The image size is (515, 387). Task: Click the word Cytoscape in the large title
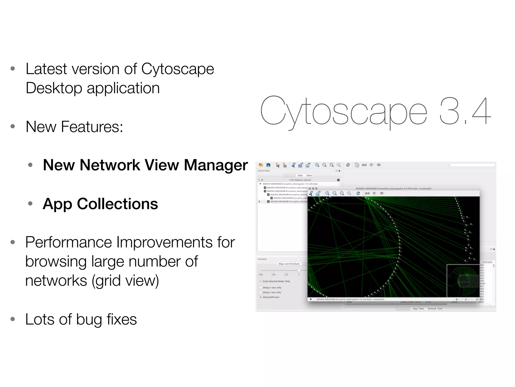[343, 111]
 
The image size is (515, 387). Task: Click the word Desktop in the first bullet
[54, 88]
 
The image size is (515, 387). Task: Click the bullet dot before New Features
[13, 126]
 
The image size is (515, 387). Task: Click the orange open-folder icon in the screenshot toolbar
[261, 165]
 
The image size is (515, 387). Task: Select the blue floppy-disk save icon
[268, 165]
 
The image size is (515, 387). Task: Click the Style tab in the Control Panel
[300, 175]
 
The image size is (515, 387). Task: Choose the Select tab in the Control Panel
[309, 175]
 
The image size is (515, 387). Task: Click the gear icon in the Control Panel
[338, 180]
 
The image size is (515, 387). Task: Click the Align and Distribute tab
[289, 264]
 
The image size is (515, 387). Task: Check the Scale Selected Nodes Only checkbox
[261, 281]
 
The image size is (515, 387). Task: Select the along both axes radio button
[261, 297]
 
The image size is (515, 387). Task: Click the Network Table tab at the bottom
[435, 308]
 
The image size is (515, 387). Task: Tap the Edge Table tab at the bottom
[418, 308]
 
